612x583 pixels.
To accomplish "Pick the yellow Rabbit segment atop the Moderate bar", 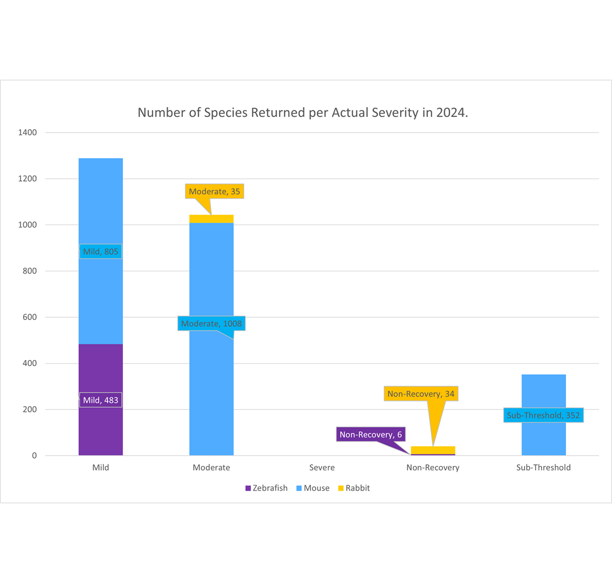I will [211, 219].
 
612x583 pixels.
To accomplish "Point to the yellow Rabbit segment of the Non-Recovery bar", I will [433, 450].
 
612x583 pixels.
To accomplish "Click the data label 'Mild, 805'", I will [101, 251].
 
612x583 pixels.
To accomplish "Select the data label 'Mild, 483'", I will [101, 400].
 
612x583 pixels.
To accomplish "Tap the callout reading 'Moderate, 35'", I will [214, 191].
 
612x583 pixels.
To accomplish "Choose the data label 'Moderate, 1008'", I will [211, 324].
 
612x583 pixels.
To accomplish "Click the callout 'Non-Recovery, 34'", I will [421, 394].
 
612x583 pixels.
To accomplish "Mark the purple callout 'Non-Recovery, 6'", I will [371, 435].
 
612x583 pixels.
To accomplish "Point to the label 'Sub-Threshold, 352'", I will [543, 415].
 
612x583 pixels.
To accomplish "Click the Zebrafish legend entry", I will [267, 488].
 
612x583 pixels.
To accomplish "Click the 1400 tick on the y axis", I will [27, 133].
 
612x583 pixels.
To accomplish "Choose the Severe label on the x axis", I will [322, 467].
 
